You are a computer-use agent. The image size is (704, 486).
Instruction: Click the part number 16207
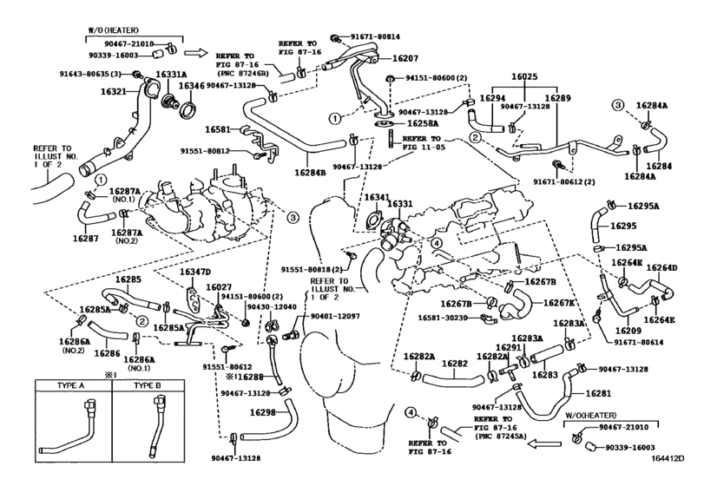(x=405, y=58)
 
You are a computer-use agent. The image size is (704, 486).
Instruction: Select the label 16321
(x=113, y=91)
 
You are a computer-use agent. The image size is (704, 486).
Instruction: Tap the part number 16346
(x=192, y=85)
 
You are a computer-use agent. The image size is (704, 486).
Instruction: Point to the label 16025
(x=524, y=76)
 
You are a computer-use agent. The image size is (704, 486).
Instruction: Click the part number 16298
(x=262, y=412)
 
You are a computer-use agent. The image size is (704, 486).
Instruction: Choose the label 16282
(x=454, y=364)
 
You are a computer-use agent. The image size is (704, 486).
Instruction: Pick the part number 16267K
(x=559, y=303)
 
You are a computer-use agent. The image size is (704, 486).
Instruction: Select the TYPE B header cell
(x=148, y=385)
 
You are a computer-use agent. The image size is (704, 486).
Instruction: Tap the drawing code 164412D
(x=668, y=458)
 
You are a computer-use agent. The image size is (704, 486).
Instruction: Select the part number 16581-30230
(x=443, y=318)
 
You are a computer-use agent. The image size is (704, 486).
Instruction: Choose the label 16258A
(x=423, y=123)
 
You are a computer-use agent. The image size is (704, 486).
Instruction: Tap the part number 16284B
(x=310, y=172)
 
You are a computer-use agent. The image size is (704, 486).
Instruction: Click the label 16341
(x=377, y=198)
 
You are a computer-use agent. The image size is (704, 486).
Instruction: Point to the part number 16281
(x=598, y=393)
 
